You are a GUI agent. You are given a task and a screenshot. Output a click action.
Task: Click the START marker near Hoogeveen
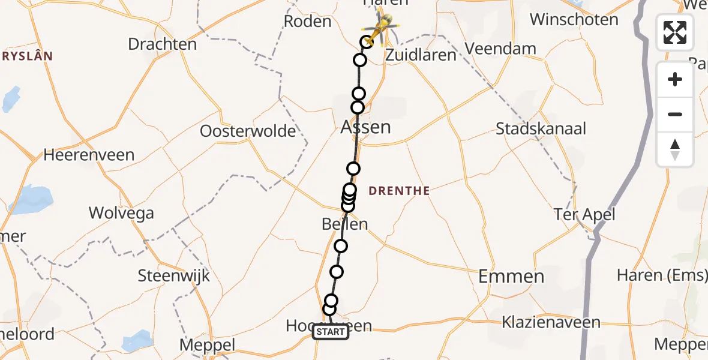(x=331, y=332)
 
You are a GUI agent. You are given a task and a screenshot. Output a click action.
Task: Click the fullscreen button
(x=675, y=32)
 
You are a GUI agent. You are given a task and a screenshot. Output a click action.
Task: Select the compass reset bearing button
(x=675, y=149)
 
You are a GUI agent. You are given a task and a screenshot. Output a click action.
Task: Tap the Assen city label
(x=366, y=127)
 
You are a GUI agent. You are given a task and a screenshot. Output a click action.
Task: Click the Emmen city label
(x=511, y=277)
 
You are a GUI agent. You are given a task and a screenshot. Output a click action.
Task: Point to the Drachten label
(x=162, y=44)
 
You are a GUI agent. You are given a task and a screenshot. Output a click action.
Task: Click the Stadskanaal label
(x=541, y=129)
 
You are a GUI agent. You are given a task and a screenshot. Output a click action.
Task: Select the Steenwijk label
(x=174, y=276)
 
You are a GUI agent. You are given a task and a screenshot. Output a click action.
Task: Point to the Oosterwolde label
(x=248, y=131)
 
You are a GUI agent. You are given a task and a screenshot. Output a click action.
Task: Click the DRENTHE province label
(x=399, y=191)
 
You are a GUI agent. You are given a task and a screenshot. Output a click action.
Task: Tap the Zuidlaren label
(x=421, y=55)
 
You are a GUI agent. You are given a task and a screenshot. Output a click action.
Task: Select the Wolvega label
(x=121, y=213)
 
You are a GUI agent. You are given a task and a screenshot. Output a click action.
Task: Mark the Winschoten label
(x=574, y=19)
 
